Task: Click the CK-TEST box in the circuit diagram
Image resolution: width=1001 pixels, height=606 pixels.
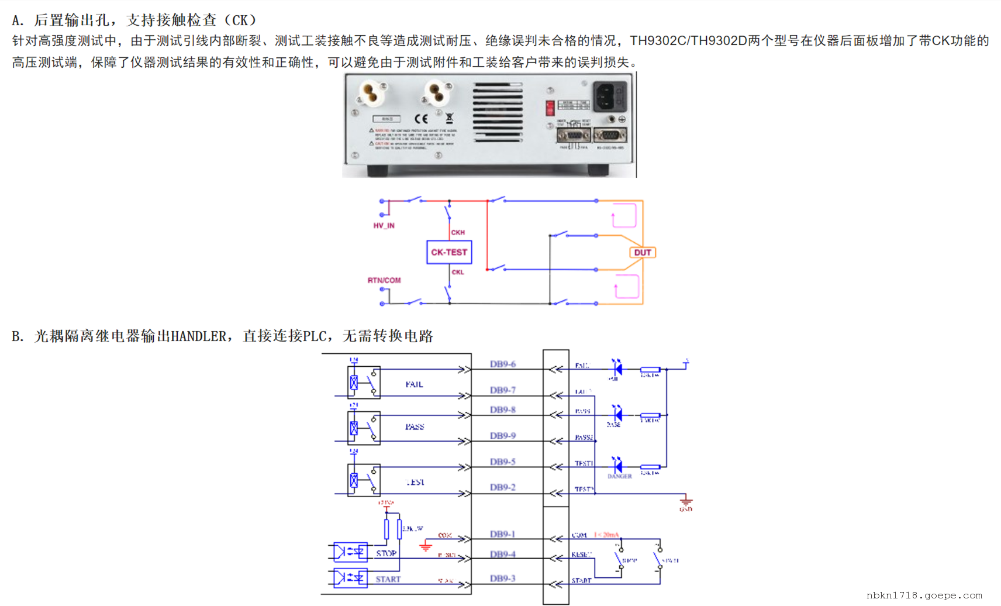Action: pos(449,252)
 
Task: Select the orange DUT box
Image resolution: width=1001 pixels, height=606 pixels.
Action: pos(643,253)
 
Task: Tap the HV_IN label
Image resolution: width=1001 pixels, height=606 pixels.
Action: pos(384,226)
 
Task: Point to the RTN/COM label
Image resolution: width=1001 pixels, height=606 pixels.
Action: pos(384,280)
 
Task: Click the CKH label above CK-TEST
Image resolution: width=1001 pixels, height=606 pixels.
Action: pos(458,232)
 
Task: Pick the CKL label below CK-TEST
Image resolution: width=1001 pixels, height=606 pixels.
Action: pos(458,272)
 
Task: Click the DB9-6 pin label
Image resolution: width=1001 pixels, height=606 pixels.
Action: pos(503,364)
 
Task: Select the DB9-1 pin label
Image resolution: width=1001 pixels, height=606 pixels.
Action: pos(503,534)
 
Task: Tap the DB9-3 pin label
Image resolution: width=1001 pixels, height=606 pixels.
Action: pos(503,579)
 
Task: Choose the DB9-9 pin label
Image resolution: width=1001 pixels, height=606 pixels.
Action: pos(503,436)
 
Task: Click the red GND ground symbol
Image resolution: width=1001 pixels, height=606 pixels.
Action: pos(686,502)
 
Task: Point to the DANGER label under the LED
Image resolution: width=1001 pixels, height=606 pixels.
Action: pos(620,476)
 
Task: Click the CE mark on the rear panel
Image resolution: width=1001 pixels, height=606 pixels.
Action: pos(421,119)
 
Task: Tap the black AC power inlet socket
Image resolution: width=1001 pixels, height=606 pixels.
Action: pos(610,96)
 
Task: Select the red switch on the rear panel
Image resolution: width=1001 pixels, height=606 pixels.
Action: pos(550,108)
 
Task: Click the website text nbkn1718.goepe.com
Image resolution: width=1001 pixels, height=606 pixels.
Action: pos(924,595)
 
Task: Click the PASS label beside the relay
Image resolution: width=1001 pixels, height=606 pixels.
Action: pos(415,427)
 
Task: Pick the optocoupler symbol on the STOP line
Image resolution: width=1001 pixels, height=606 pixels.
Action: pos(350,552)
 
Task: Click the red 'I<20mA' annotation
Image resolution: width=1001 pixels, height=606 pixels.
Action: pos(606,535)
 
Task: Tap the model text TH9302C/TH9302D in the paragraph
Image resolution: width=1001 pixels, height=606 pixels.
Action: pos(688,41)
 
